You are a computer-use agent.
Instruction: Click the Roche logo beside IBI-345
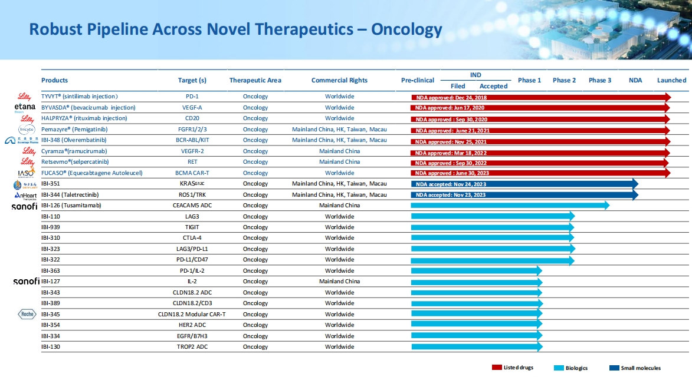pos(28,315)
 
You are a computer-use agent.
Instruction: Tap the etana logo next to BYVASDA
pos(25,107)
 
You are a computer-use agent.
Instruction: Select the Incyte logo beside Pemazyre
pos(27,129)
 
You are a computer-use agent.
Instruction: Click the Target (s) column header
pos(192,80)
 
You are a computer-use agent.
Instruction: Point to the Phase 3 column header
pos(600,80)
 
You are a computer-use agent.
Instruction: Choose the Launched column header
pos(671,80)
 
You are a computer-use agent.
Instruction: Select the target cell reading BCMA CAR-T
pos(192,173)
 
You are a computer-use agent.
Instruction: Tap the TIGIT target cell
pos(192,227)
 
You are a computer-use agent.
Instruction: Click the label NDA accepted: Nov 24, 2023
pos(451,184)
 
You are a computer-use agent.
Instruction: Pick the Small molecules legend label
pos(641,368)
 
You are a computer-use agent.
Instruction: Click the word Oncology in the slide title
pos(406,29)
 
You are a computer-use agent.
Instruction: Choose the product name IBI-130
pos(51,347)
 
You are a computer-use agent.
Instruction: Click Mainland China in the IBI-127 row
pos(339,282)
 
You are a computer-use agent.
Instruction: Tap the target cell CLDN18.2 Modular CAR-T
pos(192,315)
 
